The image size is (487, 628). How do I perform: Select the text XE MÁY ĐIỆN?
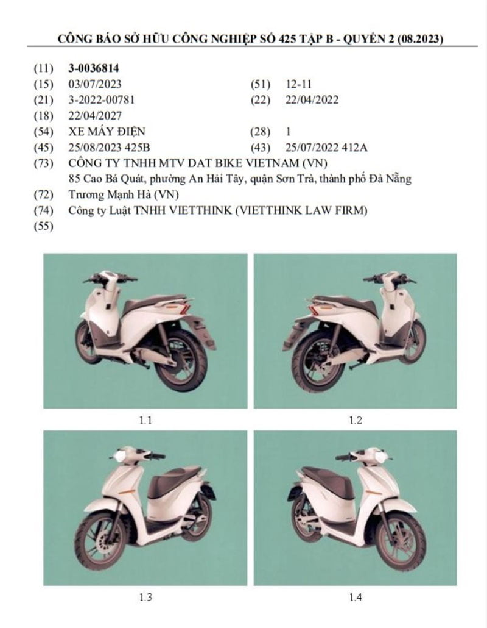107,131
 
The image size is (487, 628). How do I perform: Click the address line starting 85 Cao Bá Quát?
240,179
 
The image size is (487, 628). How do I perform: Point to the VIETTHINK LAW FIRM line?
219,210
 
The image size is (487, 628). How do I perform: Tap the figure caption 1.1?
145,419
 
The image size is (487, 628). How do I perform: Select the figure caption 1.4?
356,596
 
